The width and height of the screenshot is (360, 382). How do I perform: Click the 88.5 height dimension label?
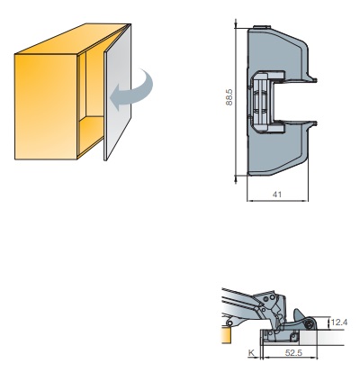(x=229, y=96)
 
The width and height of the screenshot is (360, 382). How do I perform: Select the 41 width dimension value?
(x=277, y=195)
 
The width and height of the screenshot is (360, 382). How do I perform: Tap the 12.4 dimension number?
(x=339, y=323)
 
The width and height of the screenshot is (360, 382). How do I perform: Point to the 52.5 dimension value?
(x=293, y=352)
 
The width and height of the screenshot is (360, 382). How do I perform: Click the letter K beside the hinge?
(x=251, y=353)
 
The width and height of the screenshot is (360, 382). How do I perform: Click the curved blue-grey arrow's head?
(x=115, y=97)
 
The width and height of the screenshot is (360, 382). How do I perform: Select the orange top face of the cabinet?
(x=72, y=39)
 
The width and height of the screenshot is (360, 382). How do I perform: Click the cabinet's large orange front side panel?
(x=46, y=106)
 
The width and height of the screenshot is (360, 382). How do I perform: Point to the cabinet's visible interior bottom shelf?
(x=91, y=133)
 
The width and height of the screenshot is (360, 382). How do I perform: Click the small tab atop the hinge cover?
(x=262, y=27)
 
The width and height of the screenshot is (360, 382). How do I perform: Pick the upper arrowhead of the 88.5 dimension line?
(x=236, y=25)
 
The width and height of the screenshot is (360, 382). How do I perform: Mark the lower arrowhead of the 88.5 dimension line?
(x=236, y=179)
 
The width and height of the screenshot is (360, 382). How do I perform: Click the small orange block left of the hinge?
(x=226, y=335)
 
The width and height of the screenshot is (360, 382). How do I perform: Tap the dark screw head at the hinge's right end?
(x=308, y=323)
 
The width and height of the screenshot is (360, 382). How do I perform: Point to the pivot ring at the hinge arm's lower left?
(x=229, y=323)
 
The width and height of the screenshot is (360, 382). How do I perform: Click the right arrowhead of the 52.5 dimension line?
(x=315, y=358)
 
